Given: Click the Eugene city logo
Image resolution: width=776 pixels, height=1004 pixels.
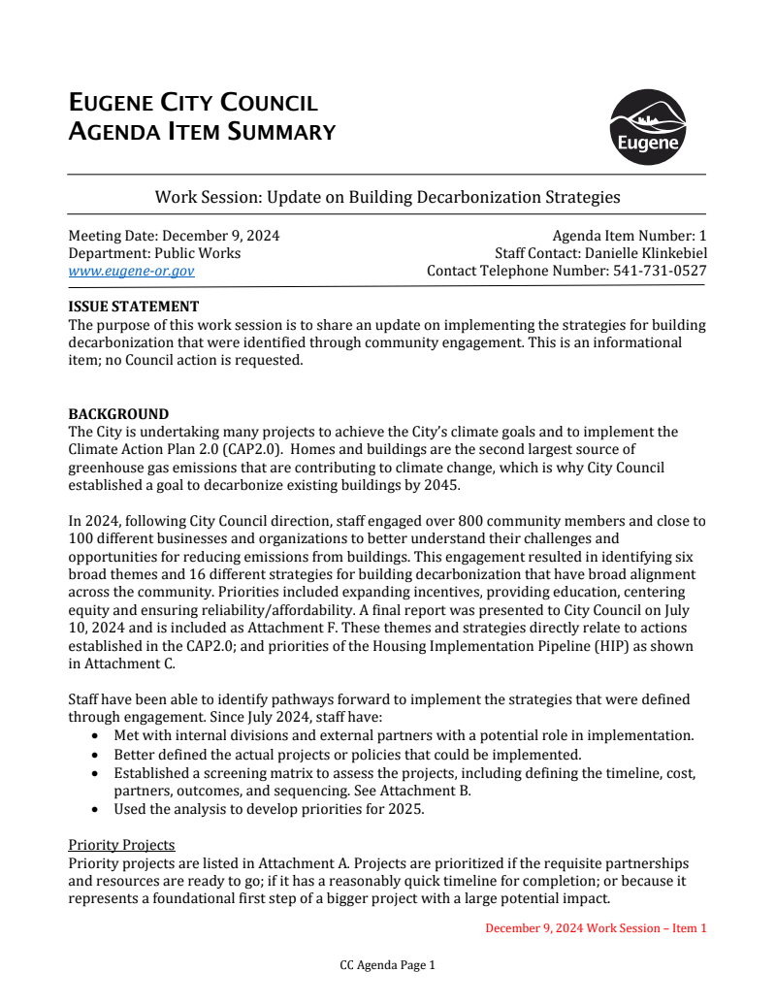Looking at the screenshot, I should [647, 128].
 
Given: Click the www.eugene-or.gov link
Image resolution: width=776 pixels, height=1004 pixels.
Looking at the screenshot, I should [131, 272].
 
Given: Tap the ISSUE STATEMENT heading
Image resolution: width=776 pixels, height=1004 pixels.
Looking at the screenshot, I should [133, 307].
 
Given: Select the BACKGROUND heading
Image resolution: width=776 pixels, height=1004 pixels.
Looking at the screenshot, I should [118, 414].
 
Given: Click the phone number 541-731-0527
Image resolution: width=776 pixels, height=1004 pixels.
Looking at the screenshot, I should [660, 272].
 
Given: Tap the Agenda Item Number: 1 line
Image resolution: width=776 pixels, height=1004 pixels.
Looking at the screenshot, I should [629, 236].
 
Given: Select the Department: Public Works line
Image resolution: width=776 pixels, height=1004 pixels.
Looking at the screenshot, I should [154, 253].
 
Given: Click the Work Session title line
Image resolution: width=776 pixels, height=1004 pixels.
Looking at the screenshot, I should [387, 197].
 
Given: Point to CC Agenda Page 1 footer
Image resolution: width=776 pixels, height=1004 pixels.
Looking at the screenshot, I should [387, 965].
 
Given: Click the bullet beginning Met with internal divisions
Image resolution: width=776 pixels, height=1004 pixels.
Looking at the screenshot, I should [403, 736].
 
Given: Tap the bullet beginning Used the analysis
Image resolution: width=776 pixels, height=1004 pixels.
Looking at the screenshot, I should [269, 808].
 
